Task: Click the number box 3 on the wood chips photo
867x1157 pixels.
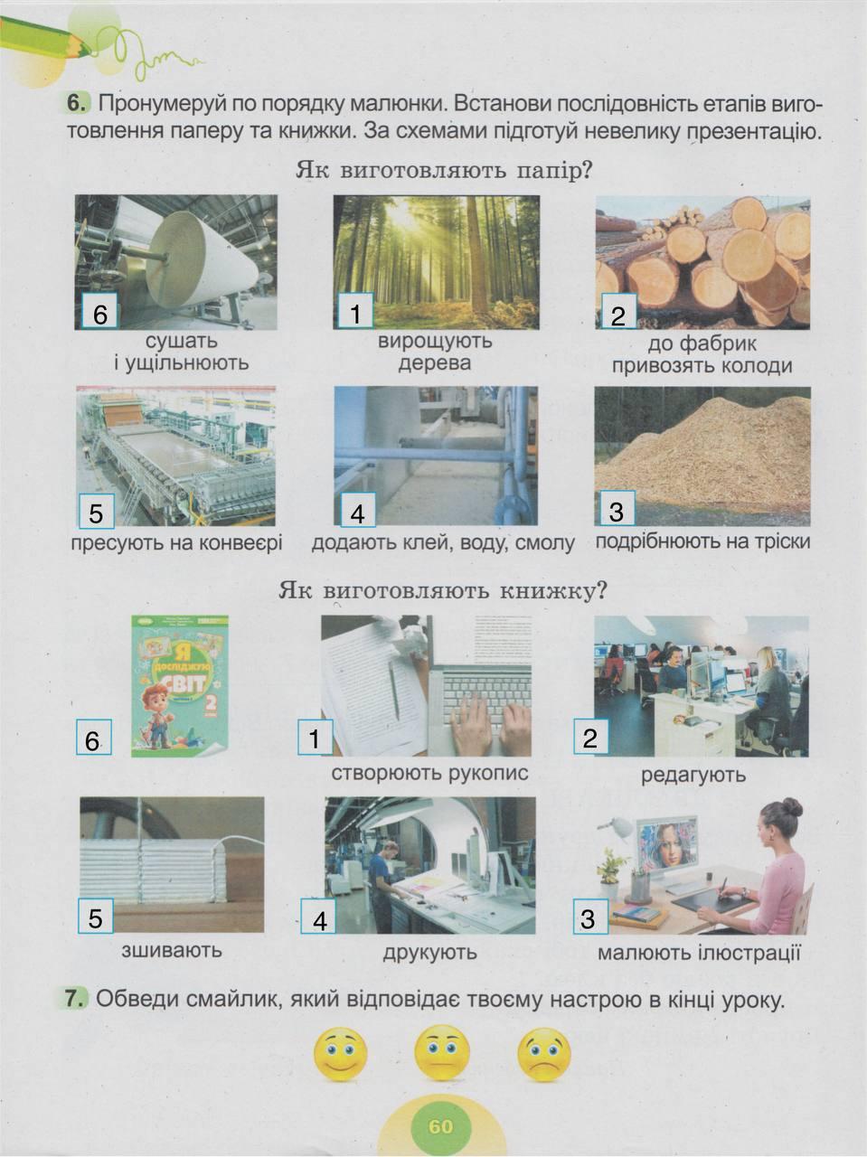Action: (617, 509)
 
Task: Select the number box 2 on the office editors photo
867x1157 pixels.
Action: (591, 737)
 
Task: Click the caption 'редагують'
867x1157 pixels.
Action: (693, 775)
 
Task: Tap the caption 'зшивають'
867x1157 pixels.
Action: (172, 950)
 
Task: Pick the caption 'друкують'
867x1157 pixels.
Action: (430, 952)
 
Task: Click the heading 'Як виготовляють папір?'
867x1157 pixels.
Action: (443, 171)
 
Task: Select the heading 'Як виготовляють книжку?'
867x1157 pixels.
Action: (443, 591)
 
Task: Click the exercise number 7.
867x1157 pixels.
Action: (75, 998)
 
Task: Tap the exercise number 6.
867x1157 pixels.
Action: (77, 103)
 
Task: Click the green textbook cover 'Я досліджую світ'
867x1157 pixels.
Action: (180, 685)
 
